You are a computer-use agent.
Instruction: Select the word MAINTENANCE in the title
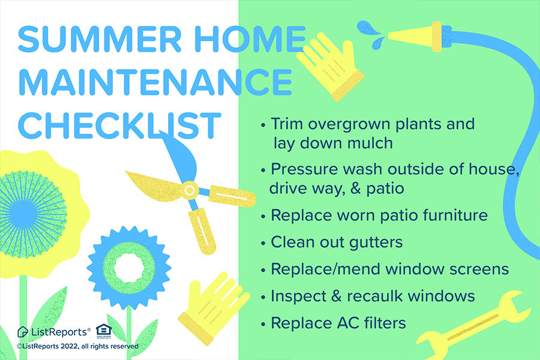[x=154, y=82]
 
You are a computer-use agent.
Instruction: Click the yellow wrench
[x=474, y=323]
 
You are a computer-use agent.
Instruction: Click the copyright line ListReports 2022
[x=78, y=346]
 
